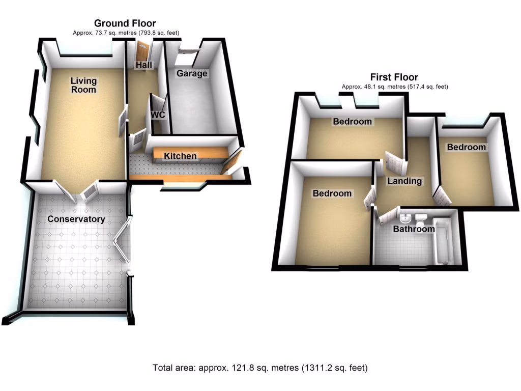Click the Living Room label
point(83,85)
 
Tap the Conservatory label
point(76,219)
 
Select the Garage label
point(192,73)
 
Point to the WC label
point(158,115)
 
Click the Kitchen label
point(180,156)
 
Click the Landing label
point(404,181)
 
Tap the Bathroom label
point(414,229)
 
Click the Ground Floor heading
point(125,23)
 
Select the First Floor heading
point(394,77)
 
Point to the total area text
point(260,368)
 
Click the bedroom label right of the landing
point(466,147)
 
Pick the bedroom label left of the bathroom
point(332,193)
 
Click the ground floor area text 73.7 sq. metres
point(125,33)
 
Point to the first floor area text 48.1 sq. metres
point(394,87)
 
